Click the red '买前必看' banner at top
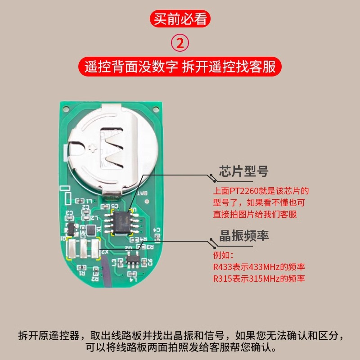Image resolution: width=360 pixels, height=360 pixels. point(180,19)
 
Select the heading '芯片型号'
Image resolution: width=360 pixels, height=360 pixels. point(243,171)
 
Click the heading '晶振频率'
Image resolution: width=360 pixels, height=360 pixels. point(243,235)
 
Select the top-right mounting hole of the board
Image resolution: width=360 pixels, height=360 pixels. point(156,108)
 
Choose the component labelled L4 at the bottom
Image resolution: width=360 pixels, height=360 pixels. point(132,273)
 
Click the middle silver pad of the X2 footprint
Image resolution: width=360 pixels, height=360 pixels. point(83,248)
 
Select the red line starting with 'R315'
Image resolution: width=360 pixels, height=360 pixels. point(259,279)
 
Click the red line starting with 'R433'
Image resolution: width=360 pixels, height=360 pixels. point(259,267)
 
